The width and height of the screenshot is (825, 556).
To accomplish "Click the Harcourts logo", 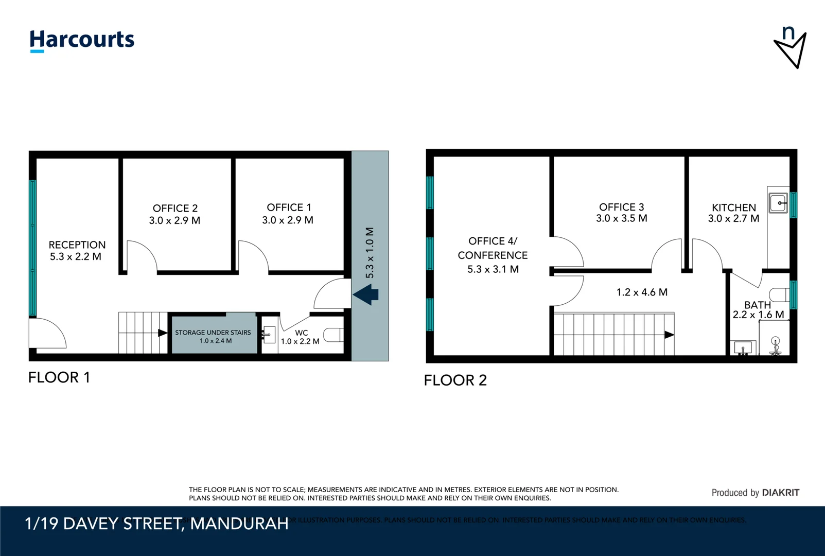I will [82, 40].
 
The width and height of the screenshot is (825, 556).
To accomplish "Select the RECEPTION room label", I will [77, 245].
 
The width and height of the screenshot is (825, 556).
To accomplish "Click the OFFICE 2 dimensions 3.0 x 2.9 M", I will [174, 221].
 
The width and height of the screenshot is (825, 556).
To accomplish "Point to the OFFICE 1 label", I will [289, 207].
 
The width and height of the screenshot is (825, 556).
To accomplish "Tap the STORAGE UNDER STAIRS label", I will [213, 333].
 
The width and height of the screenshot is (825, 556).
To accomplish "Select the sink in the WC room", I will [268, 335].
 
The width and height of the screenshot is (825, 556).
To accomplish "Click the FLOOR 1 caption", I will [59, 377].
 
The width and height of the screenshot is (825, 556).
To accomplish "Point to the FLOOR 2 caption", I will [455, 380].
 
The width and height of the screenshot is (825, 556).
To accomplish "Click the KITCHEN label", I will [734, 207].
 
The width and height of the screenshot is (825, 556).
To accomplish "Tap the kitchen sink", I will [778, 203].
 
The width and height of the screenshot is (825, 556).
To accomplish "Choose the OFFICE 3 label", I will [621, 207].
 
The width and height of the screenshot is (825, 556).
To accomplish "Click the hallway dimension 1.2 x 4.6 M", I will [642, 292].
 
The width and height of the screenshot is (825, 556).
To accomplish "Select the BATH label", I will [758, 305].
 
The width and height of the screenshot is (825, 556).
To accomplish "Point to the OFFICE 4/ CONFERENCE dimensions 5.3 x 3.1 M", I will [493, 269].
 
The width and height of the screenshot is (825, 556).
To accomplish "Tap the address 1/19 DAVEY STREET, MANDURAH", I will [156, 524].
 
